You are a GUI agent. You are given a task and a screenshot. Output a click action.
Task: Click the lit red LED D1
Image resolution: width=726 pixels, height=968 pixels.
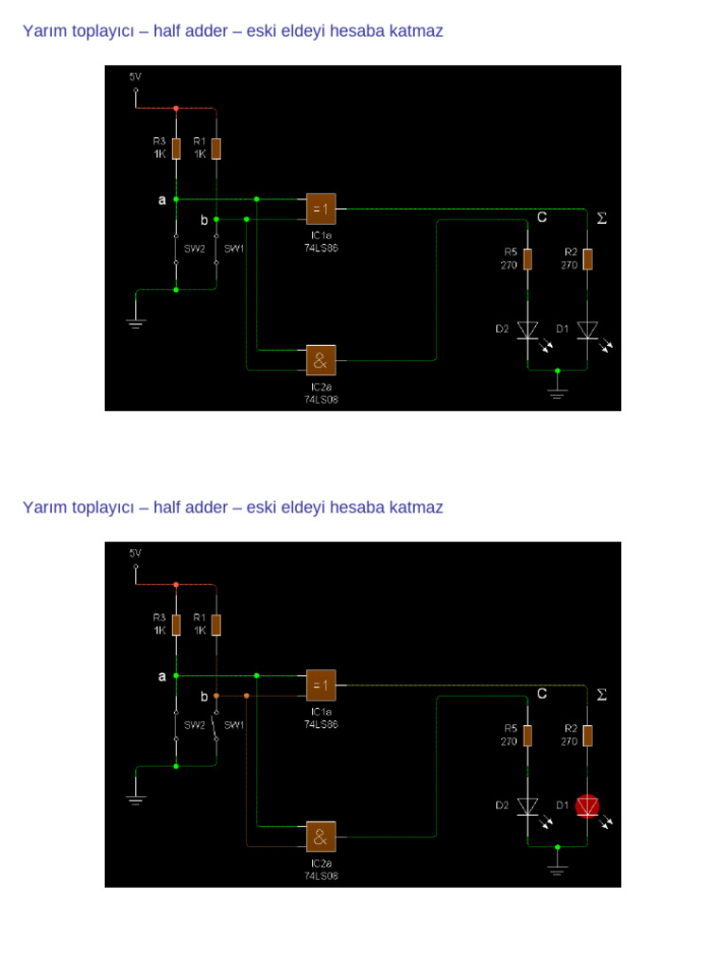(588, 805)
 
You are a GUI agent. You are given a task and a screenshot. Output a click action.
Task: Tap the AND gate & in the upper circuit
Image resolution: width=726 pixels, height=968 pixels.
(320, 359)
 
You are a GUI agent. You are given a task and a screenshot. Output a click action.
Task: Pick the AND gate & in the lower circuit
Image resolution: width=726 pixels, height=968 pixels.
(320, 836)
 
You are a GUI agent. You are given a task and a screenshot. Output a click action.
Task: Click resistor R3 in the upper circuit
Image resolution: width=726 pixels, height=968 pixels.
(176, 148)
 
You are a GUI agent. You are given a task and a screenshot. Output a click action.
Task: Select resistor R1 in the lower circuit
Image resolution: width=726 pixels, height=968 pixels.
(216, 625)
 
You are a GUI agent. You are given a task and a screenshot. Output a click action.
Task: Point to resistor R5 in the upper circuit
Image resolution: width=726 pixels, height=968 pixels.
(527, 258)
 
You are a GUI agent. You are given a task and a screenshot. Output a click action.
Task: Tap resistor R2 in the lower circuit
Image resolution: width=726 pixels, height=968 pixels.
(588, 735)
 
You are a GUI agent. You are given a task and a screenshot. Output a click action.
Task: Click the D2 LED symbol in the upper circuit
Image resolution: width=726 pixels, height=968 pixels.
(527, 329)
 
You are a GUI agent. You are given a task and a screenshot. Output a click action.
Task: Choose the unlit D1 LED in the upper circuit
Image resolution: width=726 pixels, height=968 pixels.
(588, 329)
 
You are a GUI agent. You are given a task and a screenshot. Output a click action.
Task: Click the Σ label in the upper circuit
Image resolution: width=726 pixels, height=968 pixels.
(601, 218)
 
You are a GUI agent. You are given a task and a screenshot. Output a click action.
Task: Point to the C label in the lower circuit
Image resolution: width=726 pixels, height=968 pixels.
(542, 694)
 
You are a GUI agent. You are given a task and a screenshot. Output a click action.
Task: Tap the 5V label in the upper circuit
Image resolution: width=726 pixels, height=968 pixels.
(135, 77)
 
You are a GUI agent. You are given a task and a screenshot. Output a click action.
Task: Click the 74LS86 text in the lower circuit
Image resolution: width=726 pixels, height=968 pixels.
(320, 724)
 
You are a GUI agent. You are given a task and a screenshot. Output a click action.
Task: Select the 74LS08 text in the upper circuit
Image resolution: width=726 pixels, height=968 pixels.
(320, 399)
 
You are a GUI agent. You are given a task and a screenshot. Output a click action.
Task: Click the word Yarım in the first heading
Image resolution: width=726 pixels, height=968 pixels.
(45, 31)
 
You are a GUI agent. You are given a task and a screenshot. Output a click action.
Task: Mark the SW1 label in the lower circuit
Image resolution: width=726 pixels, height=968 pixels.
(233, 725)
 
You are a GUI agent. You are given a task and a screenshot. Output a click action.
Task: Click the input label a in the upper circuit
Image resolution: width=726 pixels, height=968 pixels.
(162, 200)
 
